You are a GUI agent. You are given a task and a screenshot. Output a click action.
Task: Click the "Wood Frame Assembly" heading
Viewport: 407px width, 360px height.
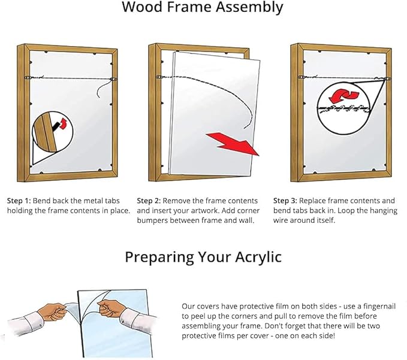point(203,8)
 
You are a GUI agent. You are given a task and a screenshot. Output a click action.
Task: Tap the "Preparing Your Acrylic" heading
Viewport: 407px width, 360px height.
point(203,258)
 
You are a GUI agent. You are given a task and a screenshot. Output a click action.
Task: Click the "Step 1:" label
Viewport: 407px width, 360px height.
point(19,201)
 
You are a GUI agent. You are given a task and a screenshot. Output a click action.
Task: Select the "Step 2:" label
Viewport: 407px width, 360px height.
point(149,201)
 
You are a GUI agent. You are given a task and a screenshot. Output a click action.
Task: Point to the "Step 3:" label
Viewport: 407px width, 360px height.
point(285,201)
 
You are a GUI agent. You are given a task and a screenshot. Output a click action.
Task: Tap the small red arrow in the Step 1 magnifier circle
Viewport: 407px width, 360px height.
point(63,123)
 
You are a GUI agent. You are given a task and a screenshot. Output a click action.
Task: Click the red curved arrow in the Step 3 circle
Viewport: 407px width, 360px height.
point(343,95)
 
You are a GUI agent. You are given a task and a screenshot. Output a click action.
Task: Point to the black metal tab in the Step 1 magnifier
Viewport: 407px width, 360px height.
point(56,126)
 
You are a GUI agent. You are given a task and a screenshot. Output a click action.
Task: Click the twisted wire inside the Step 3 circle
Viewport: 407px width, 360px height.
point(343,108)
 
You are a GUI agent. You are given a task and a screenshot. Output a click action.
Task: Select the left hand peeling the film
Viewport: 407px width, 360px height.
point(52,311)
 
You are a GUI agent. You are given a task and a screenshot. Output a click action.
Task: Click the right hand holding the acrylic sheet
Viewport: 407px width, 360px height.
point(111,308)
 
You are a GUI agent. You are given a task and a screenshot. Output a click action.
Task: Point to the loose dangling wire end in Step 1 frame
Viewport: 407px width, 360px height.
point(102,89)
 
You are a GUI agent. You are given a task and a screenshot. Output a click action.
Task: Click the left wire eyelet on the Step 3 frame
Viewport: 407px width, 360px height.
point(300,77)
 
